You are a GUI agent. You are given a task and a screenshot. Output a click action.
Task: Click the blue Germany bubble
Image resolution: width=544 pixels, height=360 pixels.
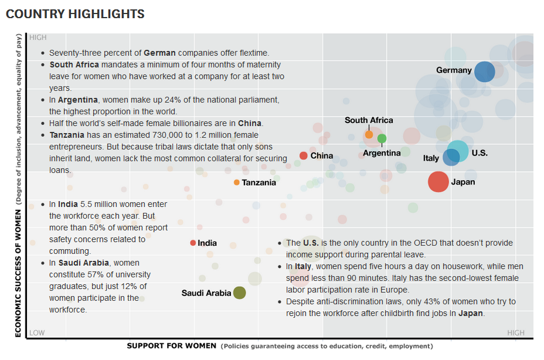point(484,72)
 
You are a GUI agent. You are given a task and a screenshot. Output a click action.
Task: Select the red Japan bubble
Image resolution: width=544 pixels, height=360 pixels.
point(438,182)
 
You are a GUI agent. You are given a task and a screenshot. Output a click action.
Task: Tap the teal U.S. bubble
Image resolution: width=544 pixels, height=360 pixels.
point(458,151)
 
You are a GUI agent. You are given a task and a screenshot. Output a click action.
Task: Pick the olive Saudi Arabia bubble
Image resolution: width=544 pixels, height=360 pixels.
point(239,293)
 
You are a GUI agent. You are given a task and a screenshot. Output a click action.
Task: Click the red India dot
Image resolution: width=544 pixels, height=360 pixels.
point(193,243)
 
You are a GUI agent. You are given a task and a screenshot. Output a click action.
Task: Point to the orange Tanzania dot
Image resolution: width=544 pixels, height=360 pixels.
point(237,182)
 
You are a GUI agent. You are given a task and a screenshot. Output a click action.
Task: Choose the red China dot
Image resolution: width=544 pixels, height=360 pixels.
point(303,155)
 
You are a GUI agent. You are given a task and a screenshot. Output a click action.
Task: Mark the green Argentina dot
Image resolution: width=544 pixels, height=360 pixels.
point(382,138)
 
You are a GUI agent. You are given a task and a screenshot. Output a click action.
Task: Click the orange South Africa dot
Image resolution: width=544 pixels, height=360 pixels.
point(369,134)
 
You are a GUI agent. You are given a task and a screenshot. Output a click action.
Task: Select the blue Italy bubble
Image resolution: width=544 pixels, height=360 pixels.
point(451,157)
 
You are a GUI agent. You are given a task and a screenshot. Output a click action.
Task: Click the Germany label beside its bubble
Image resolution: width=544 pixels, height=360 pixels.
point(454,70)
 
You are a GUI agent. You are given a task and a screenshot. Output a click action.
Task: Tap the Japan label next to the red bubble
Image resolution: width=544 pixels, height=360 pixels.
point(463,182)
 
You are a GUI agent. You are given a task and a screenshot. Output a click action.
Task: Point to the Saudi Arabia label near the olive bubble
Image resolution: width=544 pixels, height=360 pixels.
point(206,293)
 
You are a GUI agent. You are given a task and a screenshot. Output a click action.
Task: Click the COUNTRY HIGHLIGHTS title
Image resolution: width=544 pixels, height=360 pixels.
point(75,13)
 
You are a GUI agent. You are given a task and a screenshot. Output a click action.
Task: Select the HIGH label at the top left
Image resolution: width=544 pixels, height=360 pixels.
point(38,38)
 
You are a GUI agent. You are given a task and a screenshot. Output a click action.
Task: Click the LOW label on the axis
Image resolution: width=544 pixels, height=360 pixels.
point(37,332)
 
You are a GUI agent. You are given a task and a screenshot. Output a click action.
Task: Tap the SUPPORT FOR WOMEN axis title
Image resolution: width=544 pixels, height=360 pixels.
point(171,346)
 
